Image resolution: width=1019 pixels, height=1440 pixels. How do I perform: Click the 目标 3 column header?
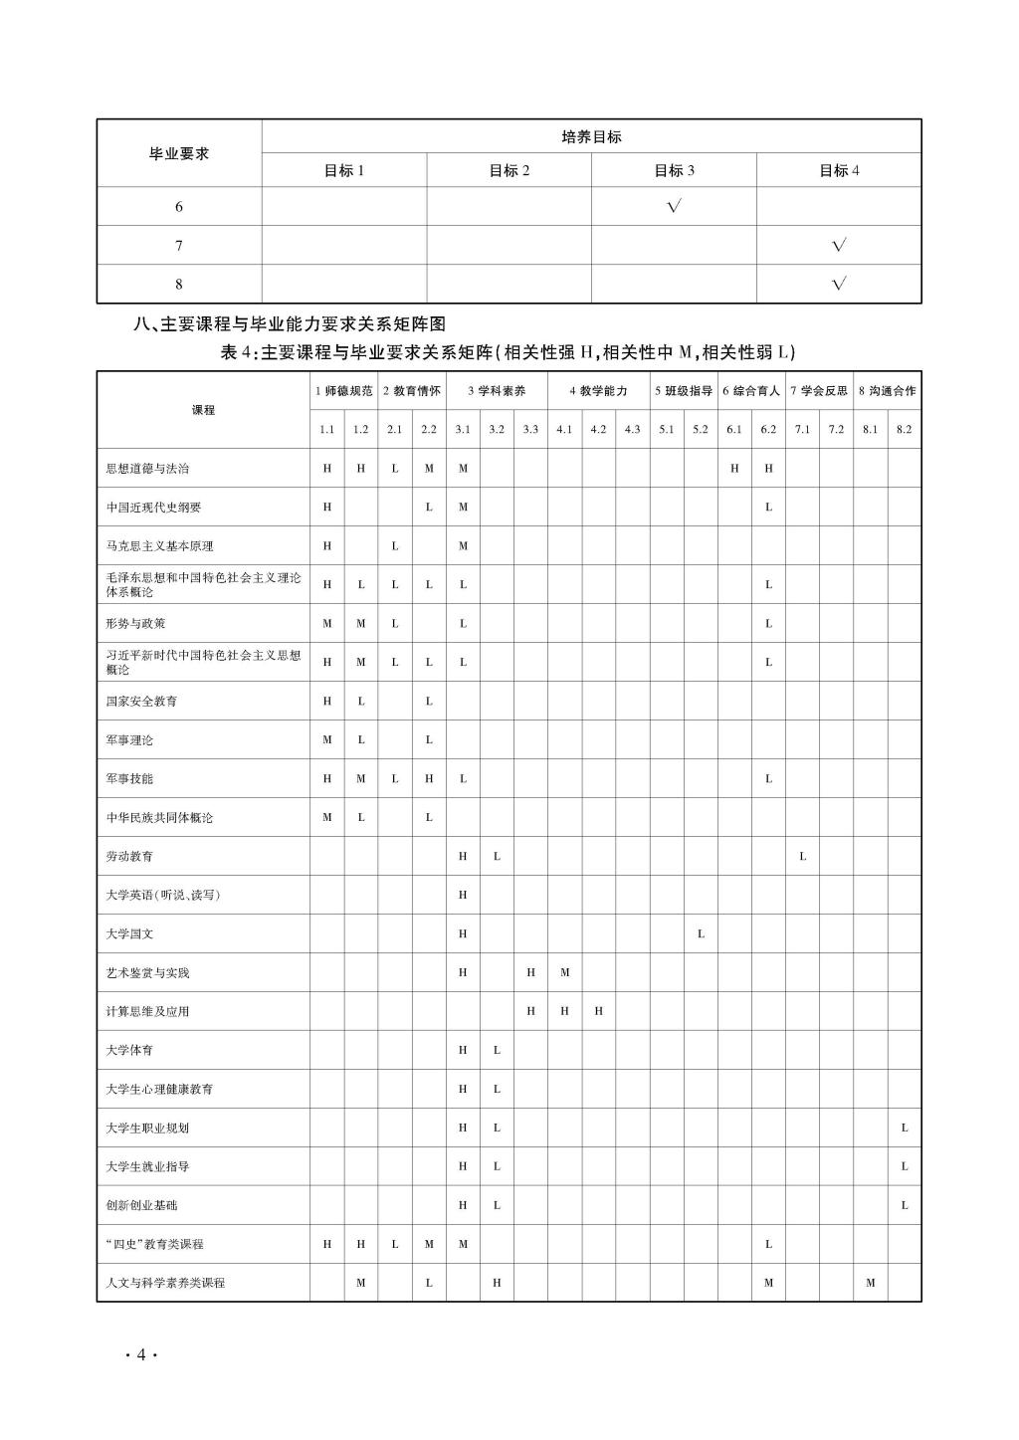674,170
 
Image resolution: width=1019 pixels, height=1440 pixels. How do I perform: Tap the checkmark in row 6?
674,206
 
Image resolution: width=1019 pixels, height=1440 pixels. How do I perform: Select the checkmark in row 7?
839,245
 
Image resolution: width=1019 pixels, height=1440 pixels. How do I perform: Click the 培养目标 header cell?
591,136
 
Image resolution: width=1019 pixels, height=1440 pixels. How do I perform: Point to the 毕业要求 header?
179,153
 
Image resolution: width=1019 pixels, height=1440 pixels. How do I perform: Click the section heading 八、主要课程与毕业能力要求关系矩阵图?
290,323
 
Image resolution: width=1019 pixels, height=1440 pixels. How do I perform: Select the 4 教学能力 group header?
598,391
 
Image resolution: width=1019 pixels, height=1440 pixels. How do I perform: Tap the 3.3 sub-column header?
530,429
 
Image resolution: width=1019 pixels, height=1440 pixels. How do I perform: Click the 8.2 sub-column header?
904,429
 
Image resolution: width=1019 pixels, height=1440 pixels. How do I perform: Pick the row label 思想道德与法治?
147,468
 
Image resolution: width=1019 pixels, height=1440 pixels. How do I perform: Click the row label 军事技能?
129,778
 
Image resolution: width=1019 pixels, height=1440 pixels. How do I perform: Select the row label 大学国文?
129,933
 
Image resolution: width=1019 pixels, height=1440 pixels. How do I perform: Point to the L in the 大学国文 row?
701,933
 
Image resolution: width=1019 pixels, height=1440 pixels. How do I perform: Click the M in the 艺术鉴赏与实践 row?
564,972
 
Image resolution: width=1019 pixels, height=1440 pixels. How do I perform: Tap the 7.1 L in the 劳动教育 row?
802,856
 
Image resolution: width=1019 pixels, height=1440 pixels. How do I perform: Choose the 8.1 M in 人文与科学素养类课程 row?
870,1283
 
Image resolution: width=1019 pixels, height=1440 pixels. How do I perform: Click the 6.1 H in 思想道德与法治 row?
734,468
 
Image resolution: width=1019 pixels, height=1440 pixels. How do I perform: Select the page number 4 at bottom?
141,1354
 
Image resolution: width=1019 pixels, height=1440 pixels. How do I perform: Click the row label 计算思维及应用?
147,1011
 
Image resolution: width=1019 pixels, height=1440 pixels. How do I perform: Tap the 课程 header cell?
203,410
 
